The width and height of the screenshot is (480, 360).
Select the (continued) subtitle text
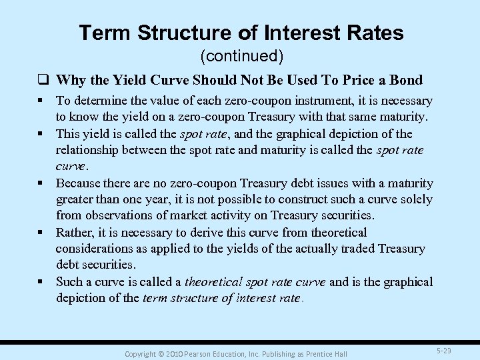click(x=241, y=55)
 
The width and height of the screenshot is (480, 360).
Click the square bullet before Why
click(x=48, y=81)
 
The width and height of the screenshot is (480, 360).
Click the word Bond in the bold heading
click(x=405, y=80)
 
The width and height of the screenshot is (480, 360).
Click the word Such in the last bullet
click(x=69, y=282)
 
